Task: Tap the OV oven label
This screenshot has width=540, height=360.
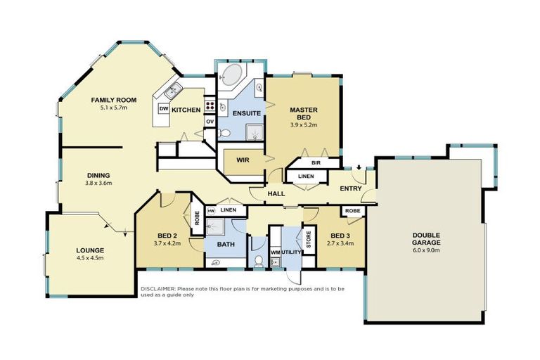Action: coord(210,121)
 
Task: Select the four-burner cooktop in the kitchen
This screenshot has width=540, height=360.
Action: coord(209,106)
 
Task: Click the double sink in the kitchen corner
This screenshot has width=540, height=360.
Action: coord(172,89)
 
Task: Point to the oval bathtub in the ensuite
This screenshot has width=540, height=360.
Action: coord(230,75)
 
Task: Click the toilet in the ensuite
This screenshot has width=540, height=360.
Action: coord(222,132)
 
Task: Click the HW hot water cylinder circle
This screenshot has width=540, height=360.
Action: coord(211,210)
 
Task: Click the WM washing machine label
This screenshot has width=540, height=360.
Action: coord(275,251)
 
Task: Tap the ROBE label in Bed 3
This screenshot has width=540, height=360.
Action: coord(352,210)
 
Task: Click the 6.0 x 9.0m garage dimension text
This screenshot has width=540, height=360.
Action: coord(426,248)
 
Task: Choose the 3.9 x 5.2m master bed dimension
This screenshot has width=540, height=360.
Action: coord(304,125)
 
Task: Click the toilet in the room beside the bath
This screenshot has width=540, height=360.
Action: coord(258,260)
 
